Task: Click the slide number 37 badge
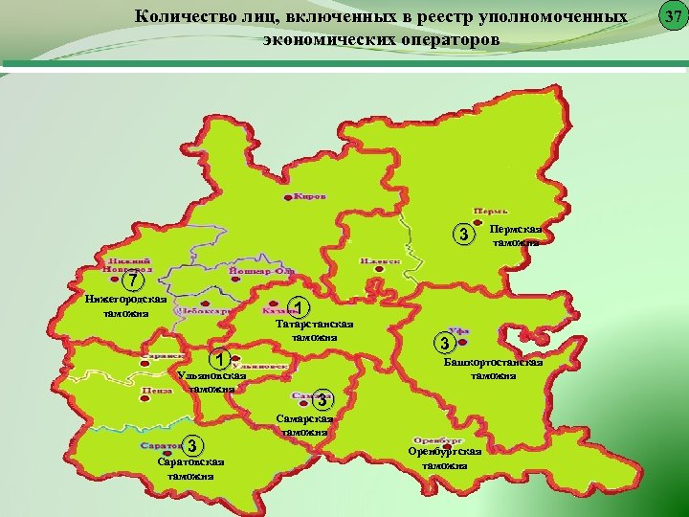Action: click(673, 16)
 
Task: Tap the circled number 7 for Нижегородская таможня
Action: click(136, 281)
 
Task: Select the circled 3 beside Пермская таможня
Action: click(463, 236)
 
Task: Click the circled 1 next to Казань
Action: click(300, 308)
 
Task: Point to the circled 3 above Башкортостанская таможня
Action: click(442, 342)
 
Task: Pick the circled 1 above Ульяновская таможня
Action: click(220, 360)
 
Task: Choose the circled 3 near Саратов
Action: click(193, 445)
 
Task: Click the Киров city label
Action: click(309, 196)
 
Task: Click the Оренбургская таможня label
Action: click(444, 458)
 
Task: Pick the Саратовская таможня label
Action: click(191, 468)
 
